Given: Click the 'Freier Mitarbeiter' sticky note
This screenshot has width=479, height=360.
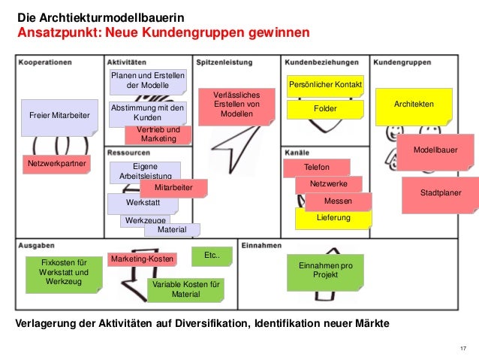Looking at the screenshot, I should pyautogui.click(x=59, y=116).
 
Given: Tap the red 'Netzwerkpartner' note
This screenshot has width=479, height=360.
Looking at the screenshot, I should pyautogui.click(x=57, y=163).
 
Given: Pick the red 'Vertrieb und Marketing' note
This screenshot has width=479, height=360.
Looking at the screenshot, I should pyautogui.click(x=159, y=135).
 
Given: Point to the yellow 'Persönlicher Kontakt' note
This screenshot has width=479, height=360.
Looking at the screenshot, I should pyautogui.click(x=324, y=86).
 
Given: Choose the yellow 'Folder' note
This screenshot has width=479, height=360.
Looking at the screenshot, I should pyautogui.click(x=325, y=110).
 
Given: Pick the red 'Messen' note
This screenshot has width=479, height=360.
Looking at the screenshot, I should pyautogui.click(x=338, y=201).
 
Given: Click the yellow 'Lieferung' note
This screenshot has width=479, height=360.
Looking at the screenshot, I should pyautogui.click(x=333, y=219).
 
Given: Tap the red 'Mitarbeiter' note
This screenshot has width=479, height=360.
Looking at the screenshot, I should pyautogui.click(x=173, y=187).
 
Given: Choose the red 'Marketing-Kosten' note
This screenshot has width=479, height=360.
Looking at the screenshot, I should pyautogui.click(x=141, y=259).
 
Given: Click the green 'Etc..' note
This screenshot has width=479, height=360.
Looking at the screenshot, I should pyautogui.click(x=211, y=257).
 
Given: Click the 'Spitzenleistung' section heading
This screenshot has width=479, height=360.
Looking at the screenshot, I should pyautogui.click(x=224, y=62).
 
